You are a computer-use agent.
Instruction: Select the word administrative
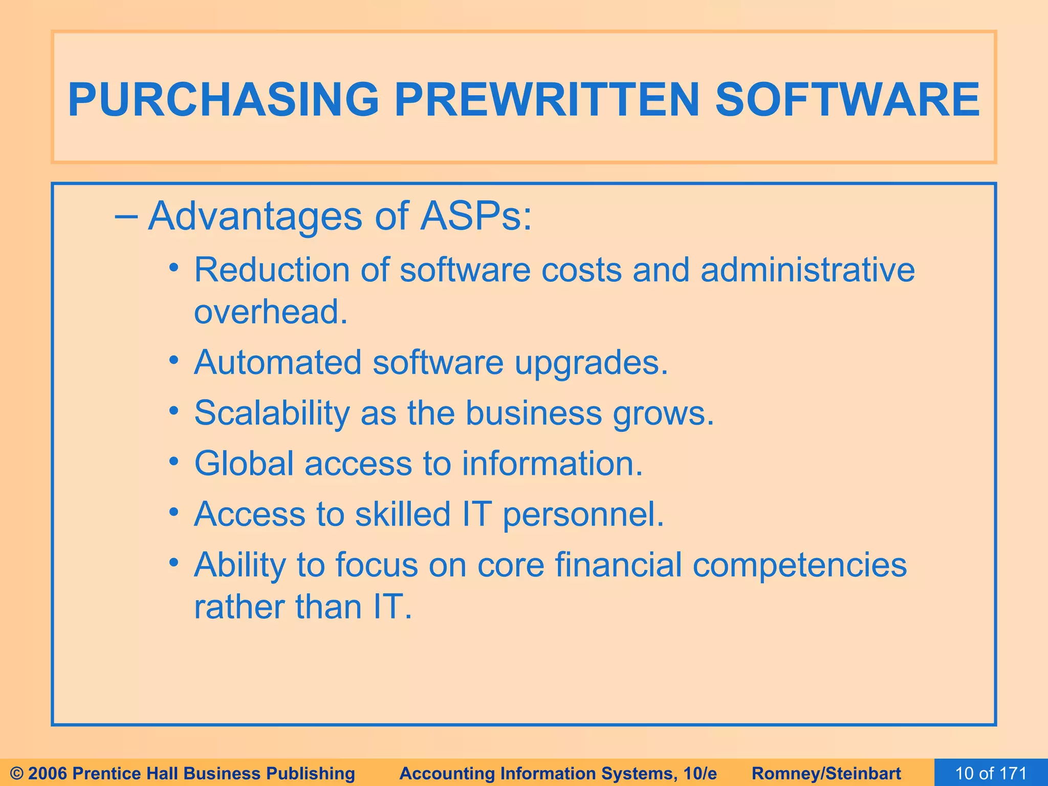[807, 270]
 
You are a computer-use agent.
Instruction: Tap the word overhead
[270, 312]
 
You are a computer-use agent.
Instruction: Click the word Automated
[278, 362]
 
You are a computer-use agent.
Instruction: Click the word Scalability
[271, 413]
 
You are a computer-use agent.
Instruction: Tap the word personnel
[583, 514]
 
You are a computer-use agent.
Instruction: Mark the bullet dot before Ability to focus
[174, 563]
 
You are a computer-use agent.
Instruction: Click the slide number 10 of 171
[991, 773]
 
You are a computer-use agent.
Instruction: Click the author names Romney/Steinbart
[826, 773]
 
